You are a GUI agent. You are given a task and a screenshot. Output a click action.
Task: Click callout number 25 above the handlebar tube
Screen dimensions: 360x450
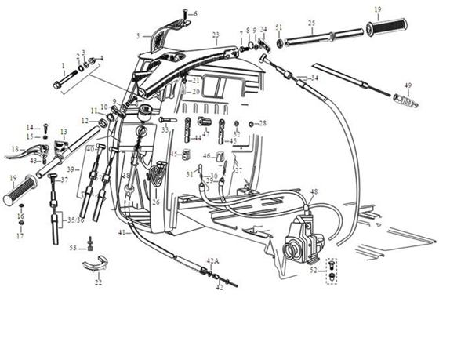[x=312, y=23]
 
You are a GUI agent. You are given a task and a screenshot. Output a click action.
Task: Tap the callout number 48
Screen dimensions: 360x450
[x=314, y=191]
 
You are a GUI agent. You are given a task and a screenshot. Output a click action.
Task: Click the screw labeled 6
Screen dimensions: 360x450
[x=185, y=13]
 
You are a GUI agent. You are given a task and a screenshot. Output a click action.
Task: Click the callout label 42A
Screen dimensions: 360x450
[x=212, y=260]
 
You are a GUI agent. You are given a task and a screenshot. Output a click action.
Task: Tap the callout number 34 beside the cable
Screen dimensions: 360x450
[x=314, y=78]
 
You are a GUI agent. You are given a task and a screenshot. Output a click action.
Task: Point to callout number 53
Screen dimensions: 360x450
[x=73, y=248]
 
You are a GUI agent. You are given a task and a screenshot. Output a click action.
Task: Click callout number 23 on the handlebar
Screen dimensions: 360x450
[x=216, y=35]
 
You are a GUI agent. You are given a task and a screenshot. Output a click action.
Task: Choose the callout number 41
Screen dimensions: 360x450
[x=122, y=234]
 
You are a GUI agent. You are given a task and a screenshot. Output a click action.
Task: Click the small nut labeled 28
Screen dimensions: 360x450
[x=251, y=123]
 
